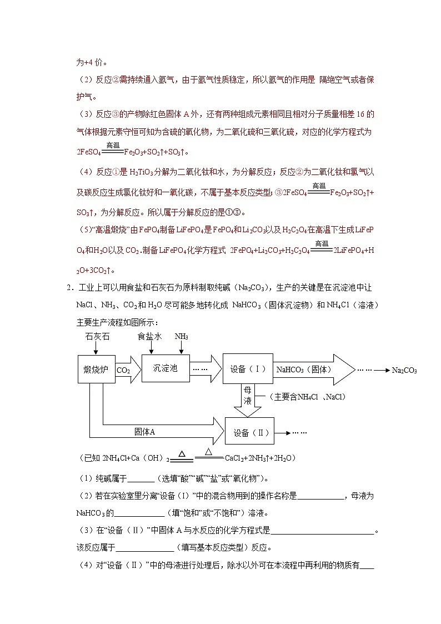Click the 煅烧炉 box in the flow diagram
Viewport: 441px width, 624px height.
[x=96, y=368]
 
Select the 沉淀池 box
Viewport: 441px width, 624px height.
[x=166, y=368]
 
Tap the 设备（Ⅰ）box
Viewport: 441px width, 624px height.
[x=247, y=368]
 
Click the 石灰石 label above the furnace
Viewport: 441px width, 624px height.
[x=96, y=337]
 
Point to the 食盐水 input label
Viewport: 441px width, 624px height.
[x=149, y=337]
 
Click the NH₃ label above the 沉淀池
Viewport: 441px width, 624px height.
[x=182, y=337]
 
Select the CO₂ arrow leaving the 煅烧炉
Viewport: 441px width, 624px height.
[x=124, y=370]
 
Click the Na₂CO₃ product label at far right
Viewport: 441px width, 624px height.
[x=404, y=370]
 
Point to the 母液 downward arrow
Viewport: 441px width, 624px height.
[x=248, y=396]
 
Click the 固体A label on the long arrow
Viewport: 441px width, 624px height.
[x=144, y=431]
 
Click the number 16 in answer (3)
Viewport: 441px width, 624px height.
[x=355, y=114]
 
